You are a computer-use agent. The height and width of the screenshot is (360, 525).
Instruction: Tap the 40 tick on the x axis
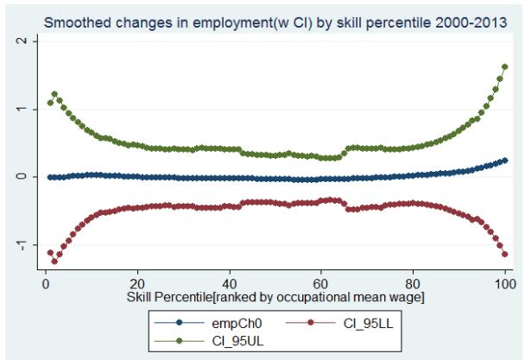(x=229, y=281)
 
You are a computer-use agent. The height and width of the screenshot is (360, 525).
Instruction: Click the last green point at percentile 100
(x=504, y=66)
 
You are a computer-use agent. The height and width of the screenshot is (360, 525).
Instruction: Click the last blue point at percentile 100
(x=504, y=161)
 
